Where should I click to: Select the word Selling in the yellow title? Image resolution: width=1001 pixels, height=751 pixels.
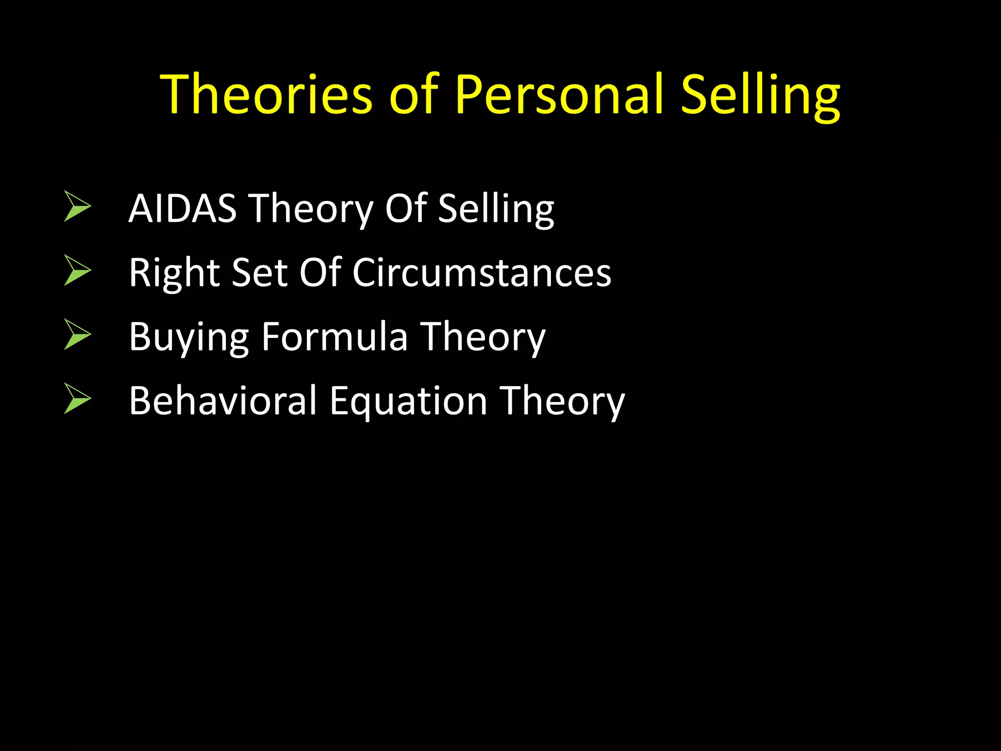click(761, 95)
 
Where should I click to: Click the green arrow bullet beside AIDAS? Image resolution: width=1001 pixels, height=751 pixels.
click(77, 206)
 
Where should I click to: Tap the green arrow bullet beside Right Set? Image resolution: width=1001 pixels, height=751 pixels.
click(77, 270)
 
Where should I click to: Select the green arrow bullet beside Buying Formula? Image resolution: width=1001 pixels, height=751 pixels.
click(77, 334)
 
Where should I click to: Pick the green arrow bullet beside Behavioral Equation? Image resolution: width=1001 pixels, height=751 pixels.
click(77, 398)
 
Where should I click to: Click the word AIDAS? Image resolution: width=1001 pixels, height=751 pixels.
click(182, 208)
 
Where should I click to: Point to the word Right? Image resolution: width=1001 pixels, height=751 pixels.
click(174, 273)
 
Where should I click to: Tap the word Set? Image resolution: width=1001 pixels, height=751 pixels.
click(259, 272)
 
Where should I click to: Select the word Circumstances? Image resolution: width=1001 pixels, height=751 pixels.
click(482, 272)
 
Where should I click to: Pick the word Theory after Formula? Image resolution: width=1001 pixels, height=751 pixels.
click(483, 337)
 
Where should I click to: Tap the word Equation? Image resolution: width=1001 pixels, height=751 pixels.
click(409, 401)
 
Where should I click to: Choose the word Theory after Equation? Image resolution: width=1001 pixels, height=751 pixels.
click(562, 401)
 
